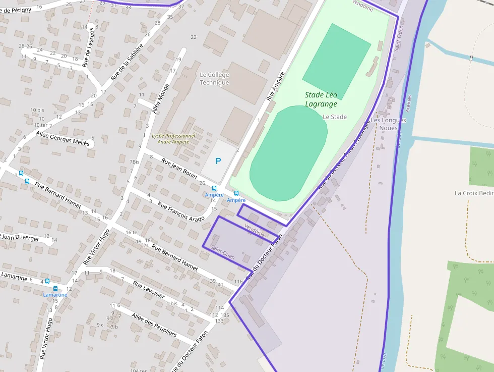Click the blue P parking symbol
tap(218, 162)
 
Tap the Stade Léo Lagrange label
tap(321, 99)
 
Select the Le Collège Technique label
tap(214, 79)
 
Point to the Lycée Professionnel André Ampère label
tap(173, 139)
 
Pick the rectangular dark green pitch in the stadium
tap(337, 61)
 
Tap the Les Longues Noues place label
tap(388, 124)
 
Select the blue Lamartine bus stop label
tap(55, 295)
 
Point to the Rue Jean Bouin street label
tap(179, 169)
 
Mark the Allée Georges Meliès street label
tap(63, 138)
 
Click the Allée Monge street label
tap(161, 98)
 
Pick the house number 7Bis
tap(135, 162)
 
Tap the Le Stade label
tap(335, 117)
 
